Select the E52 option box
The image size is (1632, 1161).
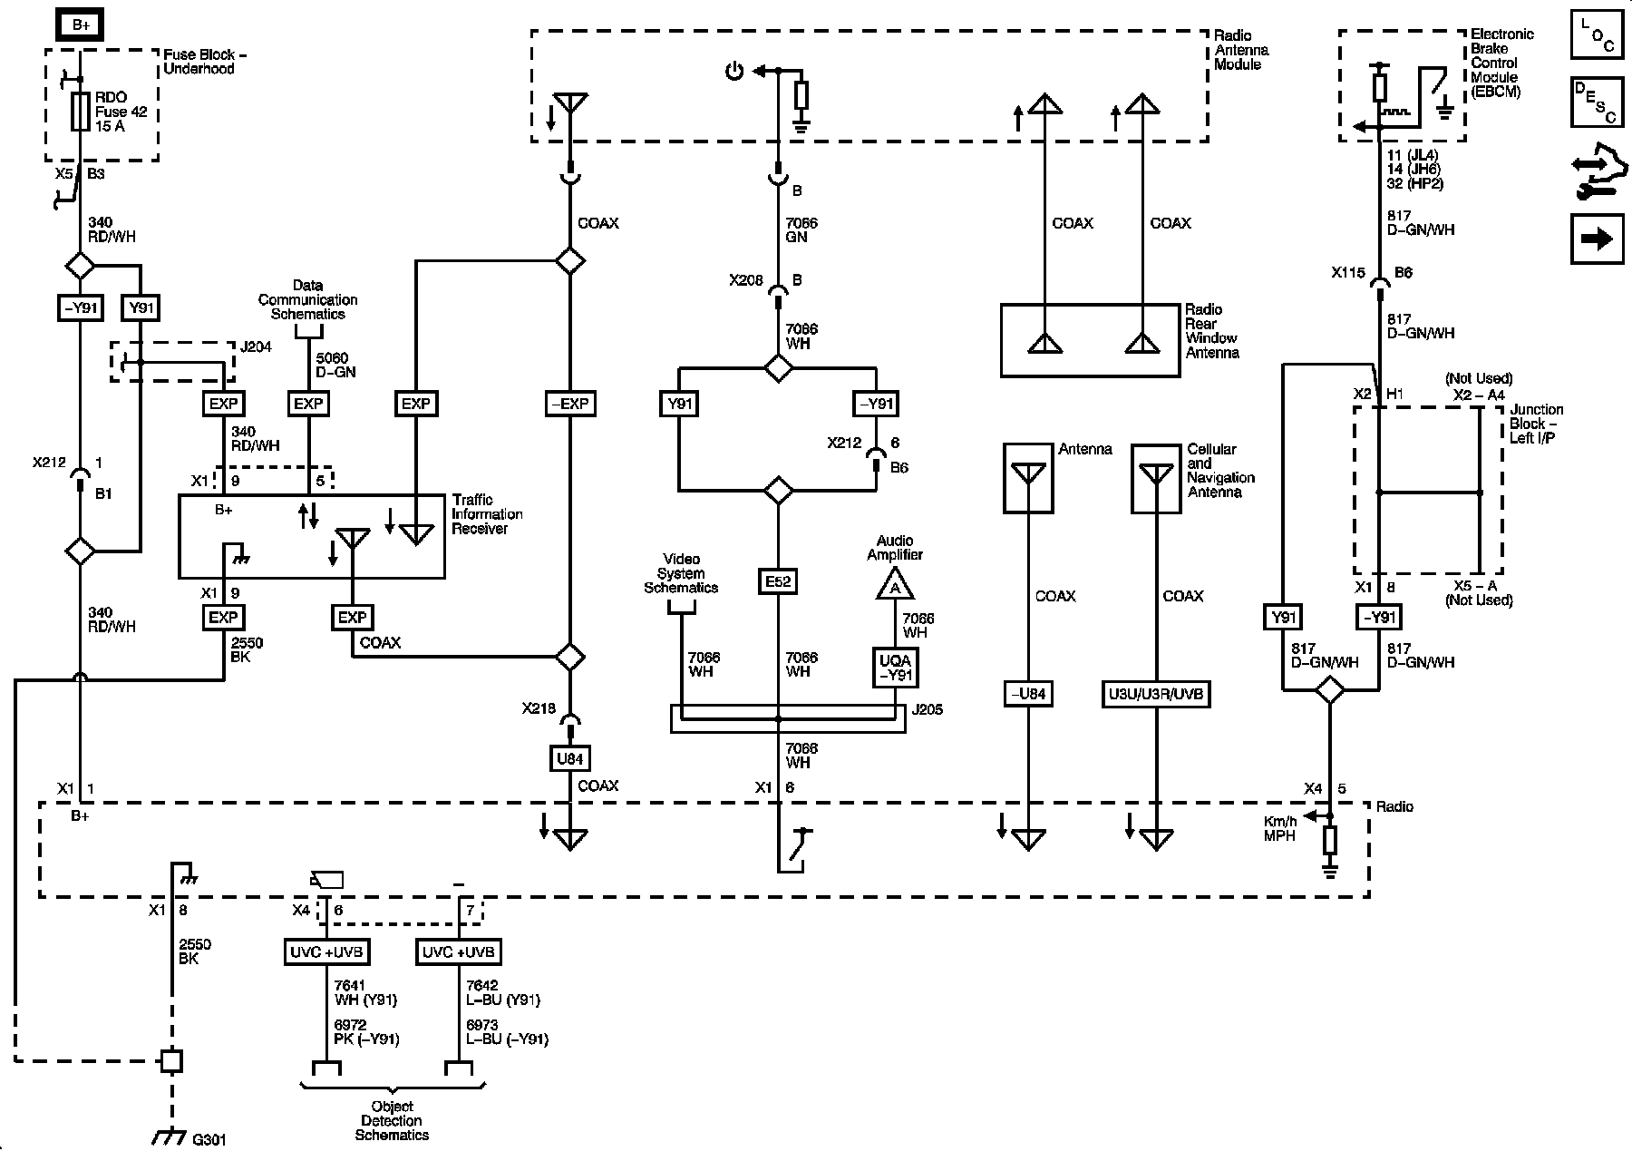point(778,581)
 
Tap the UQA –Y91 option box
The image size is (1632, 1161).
point(896,668)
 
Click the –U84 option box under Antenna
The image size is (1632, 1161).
point(1028,695)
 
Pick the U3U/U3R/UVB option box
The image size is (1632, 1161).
point(1156,695)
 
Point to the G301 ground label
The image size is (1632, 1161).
point(209,1139)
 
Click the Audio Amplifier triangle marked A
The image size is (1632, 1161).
point(896,585)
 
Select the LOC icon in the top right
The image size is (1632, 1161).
point(1598,34)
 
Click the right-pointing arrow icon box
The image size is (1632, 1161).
point(1598,239)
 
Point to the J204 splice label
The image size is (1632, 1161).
point(256,347)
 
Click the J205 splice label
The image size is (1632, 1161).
point(927,709)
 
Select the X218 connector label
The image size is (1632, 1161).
point(539,708)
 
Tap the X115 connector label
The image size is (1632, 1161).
point(1348,272)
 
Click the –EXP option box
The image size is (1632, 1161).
point(570,404)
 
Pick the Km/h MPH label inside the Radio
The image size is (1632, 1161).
point(1280,828)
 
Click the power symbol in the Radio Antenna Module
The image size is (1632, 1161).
point(734,71)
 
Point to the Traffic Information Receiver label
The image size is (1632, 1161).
point(487,514)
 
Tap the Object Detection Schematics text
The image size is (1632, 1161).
point(392,1120)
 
